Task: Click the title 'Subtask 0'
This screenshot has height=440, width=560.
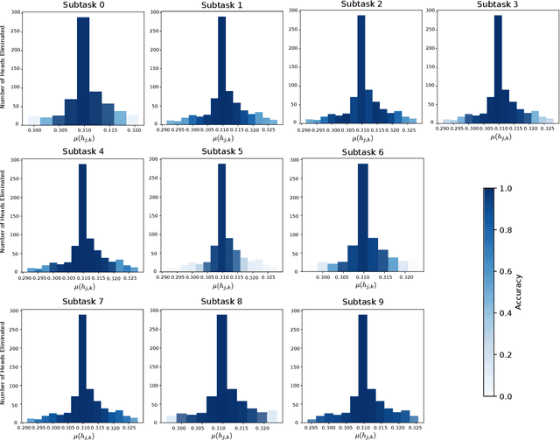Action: (82, 6)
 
